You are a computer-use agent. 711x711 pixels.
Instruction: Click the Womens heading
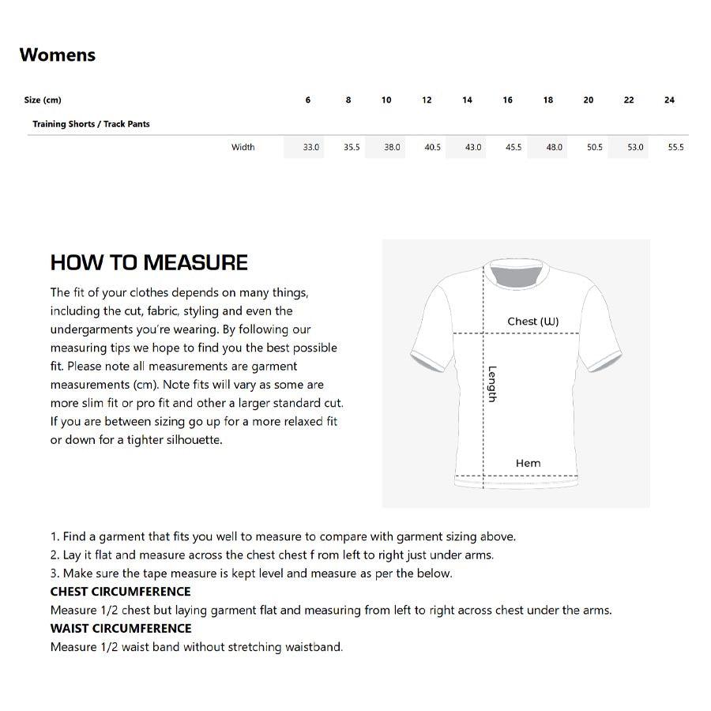[58, 55]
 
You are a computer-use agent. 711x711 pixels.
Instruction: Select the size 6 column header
[308, 100]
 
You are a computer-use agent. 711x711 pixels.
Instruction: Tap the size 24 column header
[669, 100]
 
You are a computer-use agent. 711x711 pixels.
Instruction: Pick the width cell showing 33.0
[311, 148]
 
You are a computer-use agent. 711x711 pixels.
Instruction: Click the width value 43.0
[473, 148]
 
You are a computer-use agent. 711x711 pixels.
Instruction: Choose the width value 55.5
[675, 148]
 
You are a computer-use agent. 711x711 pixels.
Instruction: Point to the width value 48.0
[555, 148]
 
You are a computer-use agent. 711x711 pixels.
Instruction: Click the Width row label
[243, 148]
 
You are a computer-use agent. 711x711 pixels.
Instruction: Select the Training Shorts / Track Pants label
[91, 124]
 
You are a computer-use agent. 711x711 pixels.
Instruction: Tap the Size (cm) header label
[43, 100]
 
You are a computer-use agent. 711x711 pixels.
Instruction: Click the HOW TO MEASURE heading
[149, 263]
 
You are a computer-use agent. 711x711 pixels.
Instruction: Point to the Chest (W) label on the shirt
[533, 322]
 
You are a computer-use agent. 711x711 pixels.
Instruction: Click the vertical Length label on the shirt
[491, 384]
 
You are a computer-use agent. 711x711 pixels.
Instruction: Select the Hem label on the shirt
[528, 464]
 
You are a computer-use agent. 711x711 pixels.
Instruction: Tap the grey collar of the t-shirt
[515, 273]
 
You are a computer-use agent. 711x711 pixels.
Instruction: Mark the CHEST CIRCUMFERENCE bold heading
[120, 592]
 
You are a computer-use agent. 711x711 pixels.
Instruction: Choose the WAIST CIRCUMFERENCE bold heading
[121, 629]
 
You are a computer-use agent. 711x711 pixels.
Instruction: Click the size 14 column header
[468, 100]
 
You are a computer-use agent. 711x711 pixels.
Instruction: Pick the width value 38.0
[392, 148]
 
